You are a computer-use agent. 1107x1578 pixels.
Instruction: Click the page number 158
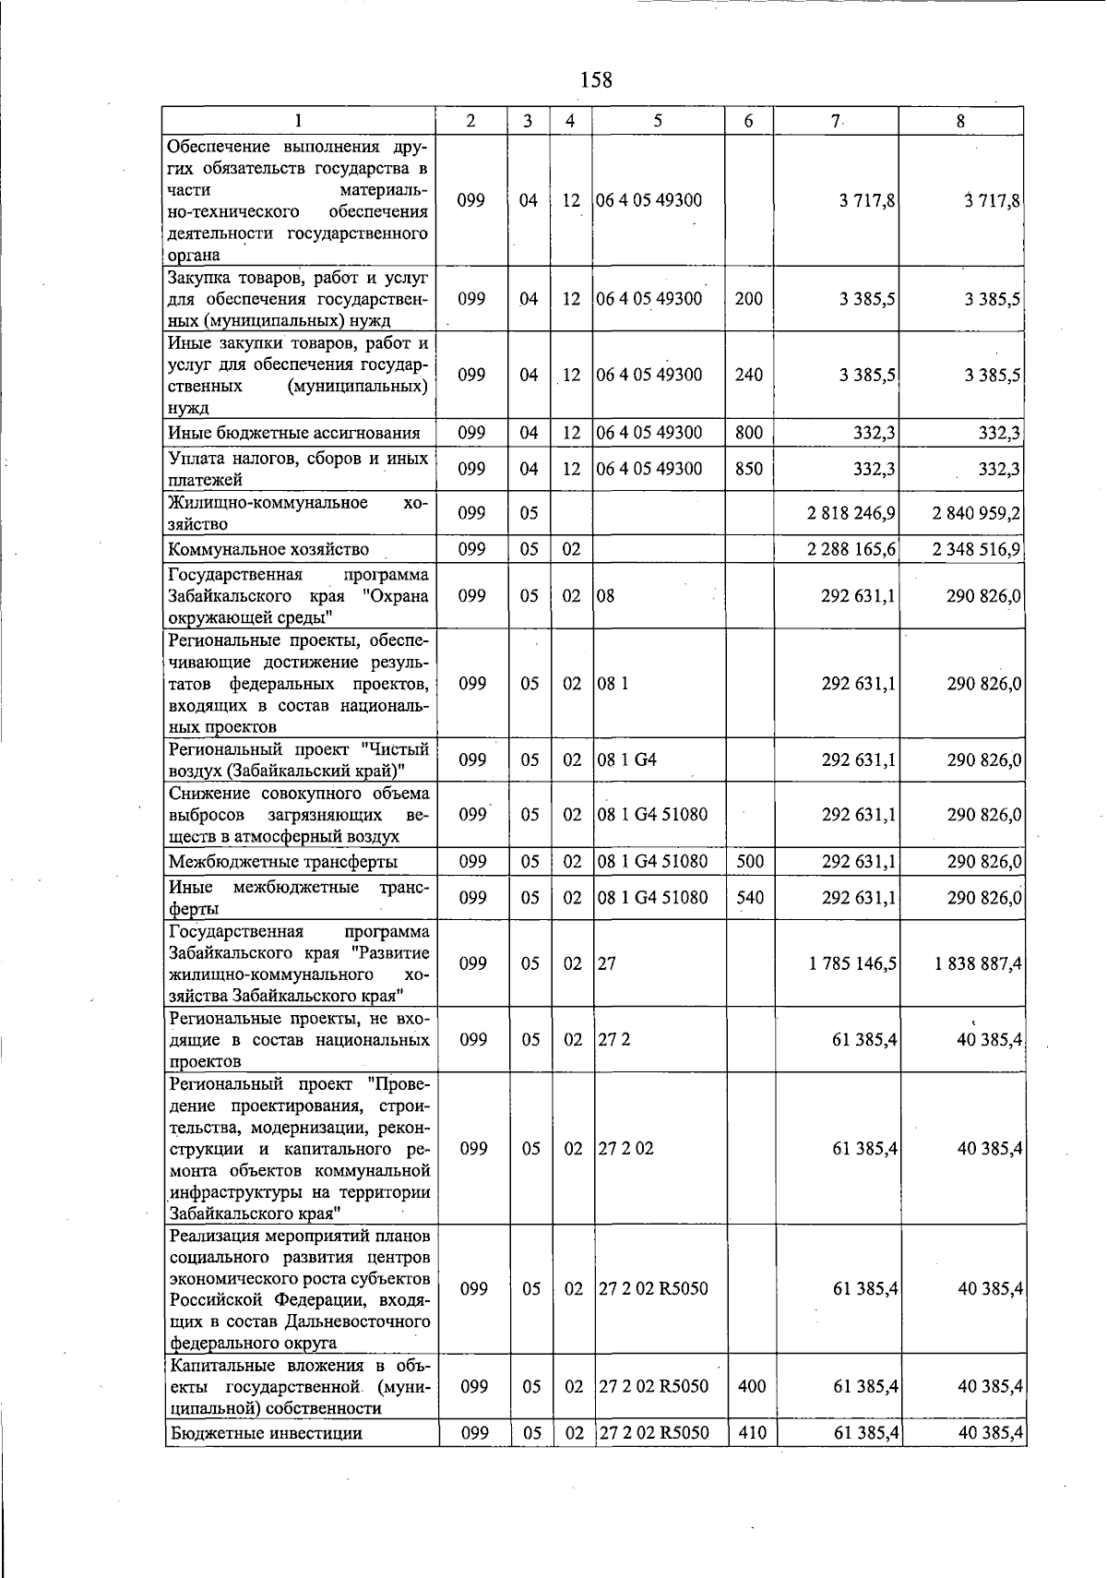click(596, 80)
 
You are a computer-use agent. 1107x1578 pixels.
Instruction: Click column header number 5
click(657, 121)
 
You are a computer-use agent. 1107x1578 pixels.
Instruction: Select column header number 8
click(960, 121)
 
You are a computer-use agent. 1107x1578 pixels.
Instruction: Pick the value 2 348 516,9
click(976, 550)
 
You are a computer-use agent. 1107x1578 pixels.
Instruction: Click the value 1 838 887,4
click(976, 963)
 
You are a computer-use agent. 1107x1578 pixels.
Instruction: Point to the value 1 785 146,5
click(852, 963)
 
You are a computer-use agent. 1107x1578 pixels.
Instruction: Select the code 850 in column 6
click(748, 469)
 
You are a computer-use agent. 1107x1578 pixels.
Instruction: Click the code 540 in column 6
click(750, 897)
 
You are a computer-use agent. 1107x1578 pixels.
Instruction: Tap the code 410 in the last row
click(752, 1432)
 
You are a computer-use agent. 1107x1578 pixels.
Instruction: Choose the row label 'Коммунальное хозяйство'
click(268, 550)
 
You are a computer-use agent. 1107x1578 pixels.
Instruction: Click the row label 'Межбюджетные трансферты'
click(283, 862)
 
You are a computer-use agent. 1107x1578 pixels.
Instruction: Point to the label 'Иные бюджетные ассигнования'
click(294, 433)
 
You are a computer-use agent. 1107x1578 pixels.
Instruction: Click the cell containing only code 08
click(606, 596)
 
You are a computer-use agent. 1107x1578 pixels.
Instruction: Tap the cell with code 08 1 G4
click(627, 760)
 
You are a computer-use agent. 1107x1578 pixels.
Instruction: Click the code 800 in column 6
click(748, 433)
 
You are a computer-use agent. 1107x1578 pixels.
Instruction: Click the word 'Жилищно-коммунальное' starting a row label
click(268, 503)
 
